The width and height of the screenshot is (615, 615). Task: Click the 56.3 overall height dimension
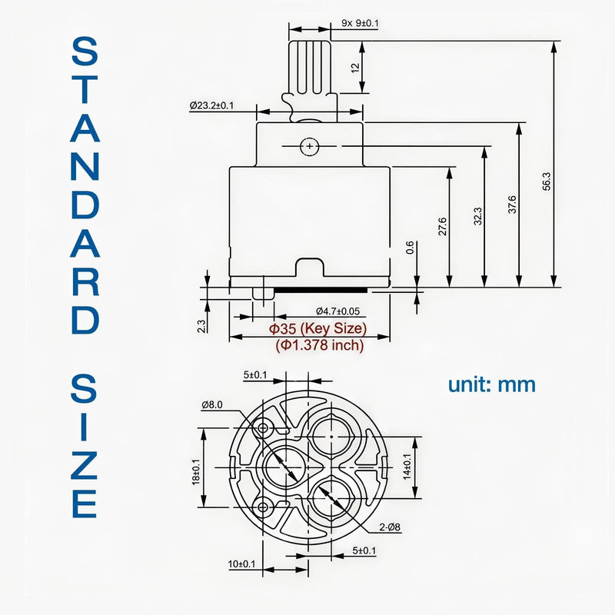click(547, 181)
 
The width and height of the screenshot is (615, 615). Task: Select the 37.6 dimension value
click(512, 204)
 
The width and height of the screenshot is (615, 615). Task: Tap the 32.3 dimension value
click(477, 216)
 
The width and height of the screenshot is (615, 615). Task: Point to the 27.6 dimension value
click(443, 226)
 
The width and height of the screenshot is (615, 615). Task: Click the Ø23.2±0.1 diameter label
click(211, 105)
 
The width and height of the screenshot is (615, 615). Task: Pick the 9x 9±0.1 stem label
click(360, 23)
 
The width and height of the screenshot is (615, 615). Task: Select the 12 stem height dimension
click(355, 68)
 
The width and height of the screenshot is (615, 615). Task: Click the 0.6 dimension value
click(410, 248)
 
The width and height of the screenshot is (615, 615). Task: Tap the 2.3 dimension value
click(201, 326)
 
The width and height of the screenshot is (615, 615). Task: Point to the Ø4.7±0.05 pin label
click(337, 311)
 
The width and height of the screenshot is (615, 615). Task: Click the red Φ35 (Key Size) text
click(317, 328)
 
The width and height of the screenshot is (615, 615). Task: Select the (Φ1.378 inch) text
click(320, 345)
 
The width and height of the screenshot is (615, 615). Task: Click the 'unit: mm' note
click(492, 384)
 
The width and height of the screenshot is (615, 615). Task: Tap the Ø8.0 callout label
click(212, 404)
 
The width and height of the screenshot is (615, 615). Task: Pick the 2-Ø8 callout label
click(390, 527)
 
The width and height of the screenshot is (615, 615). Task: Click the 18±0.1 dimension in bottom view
click(196, 472)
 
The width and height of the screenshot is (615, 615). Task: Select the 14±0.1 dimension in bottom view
click(407, 467)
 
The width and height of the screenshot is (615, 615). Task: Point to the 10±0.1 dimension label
click(241, 564)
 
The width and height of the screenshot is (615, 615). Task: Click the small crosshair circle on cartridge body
click(310, 146)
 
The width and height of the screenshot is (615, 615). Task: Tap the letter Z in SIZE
click(84, 466)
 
